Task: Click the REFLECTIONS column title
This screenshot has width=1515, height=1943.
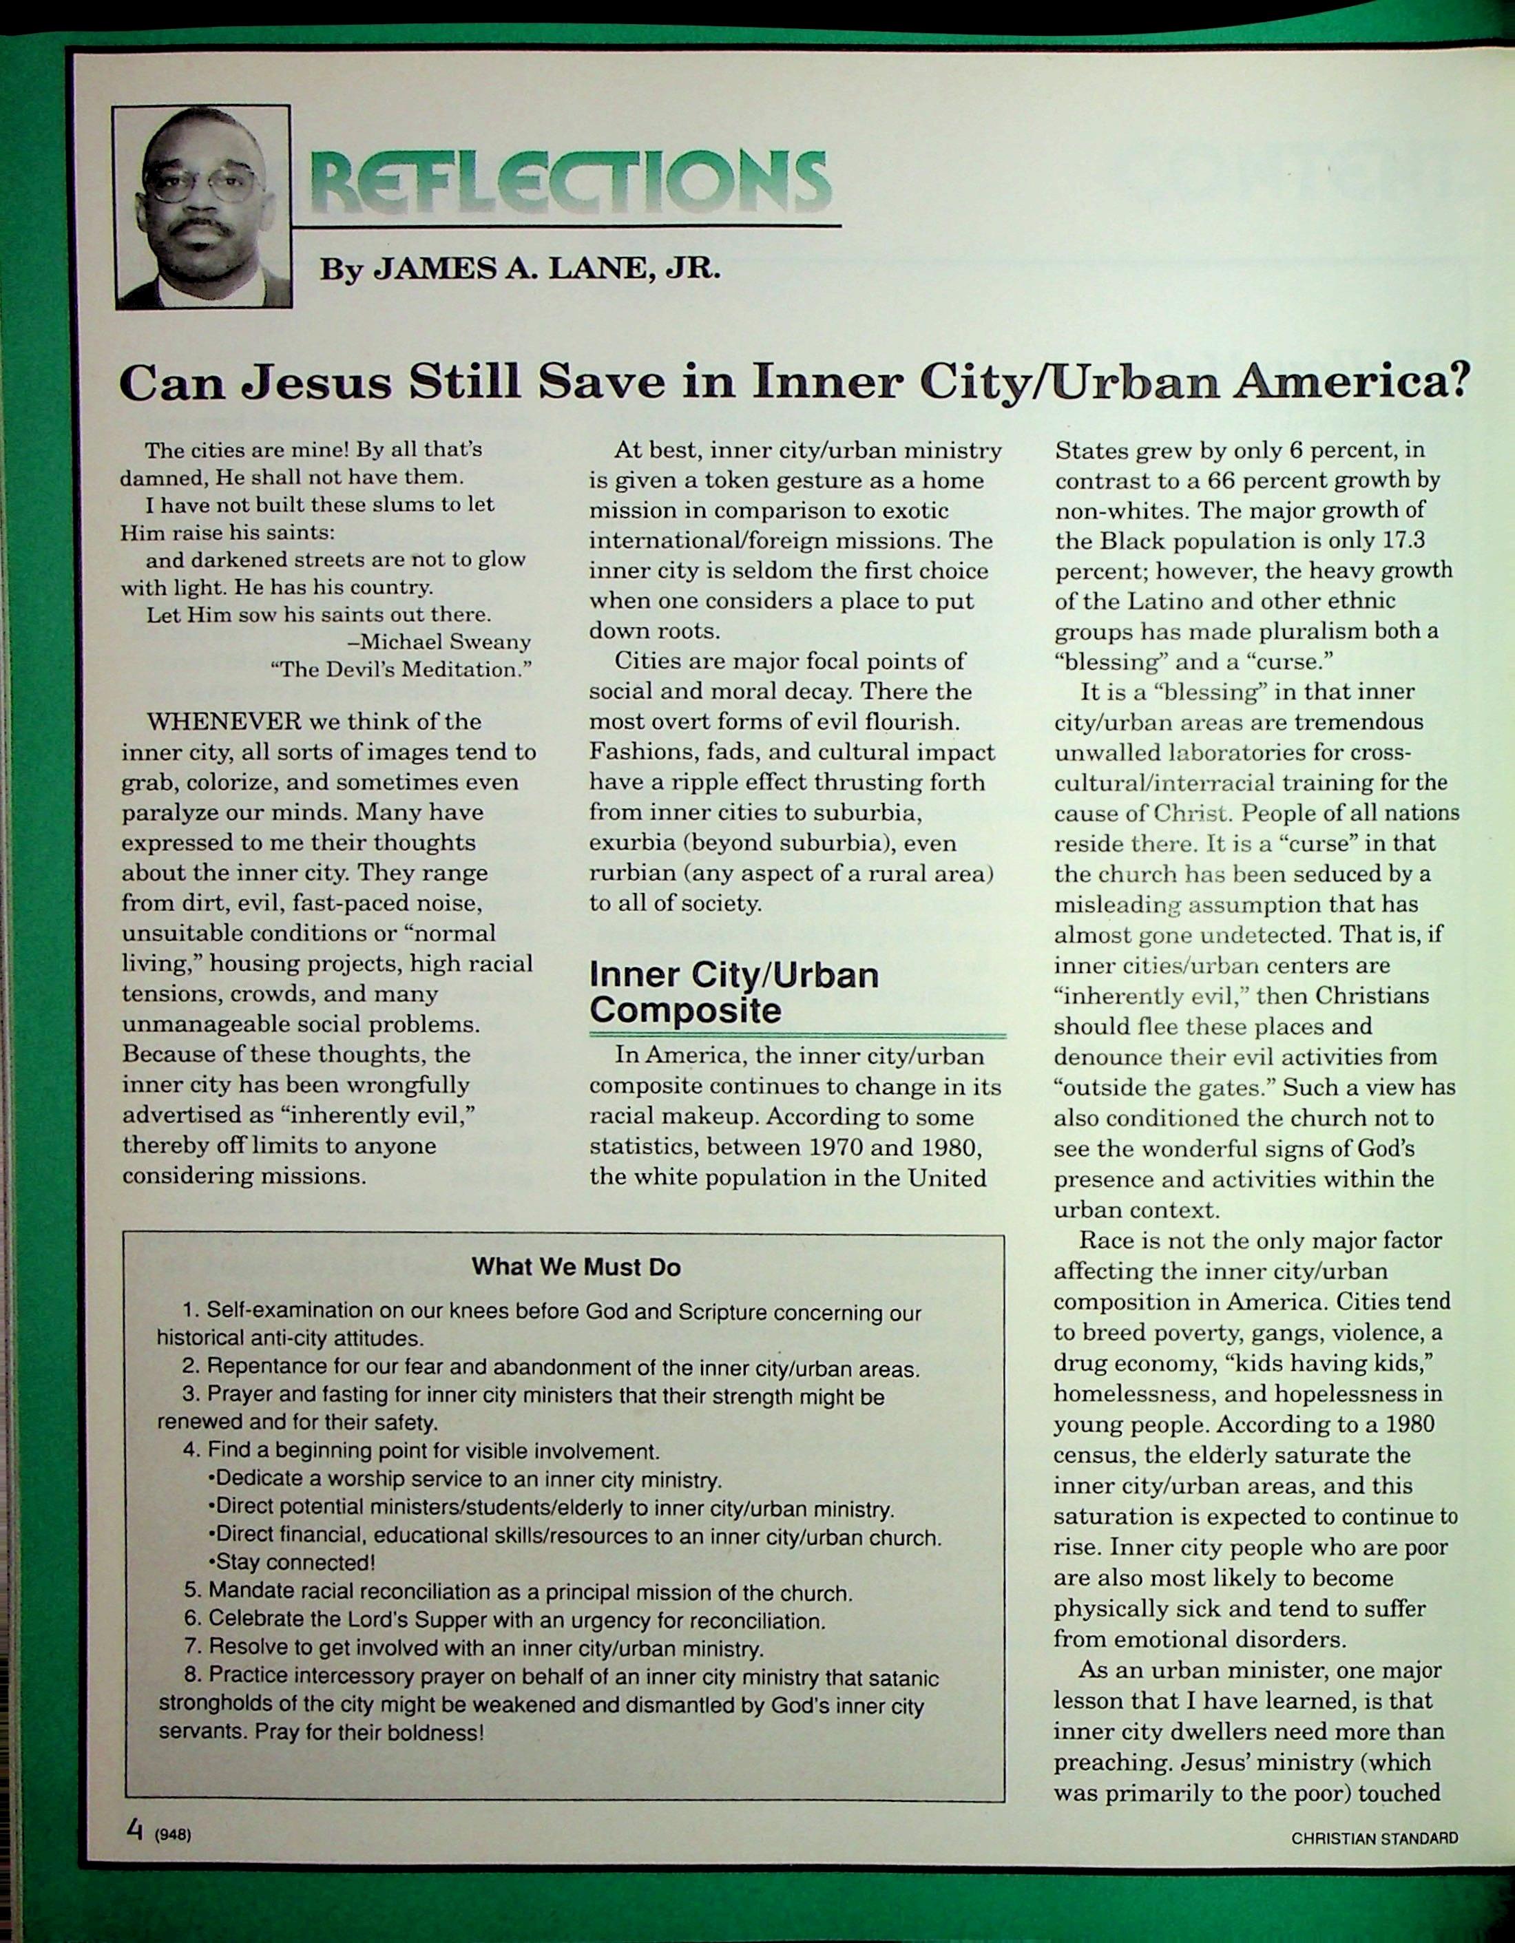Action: [x=570, y=180]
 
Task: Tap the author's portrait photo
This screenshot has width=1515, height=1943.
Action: [x=203, y=207]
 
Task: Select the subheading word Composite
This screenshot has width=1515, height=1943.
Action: [x=685, y=1011]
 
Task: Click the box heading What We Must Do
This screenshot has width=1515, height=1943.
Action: [x=576, y=1267]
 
